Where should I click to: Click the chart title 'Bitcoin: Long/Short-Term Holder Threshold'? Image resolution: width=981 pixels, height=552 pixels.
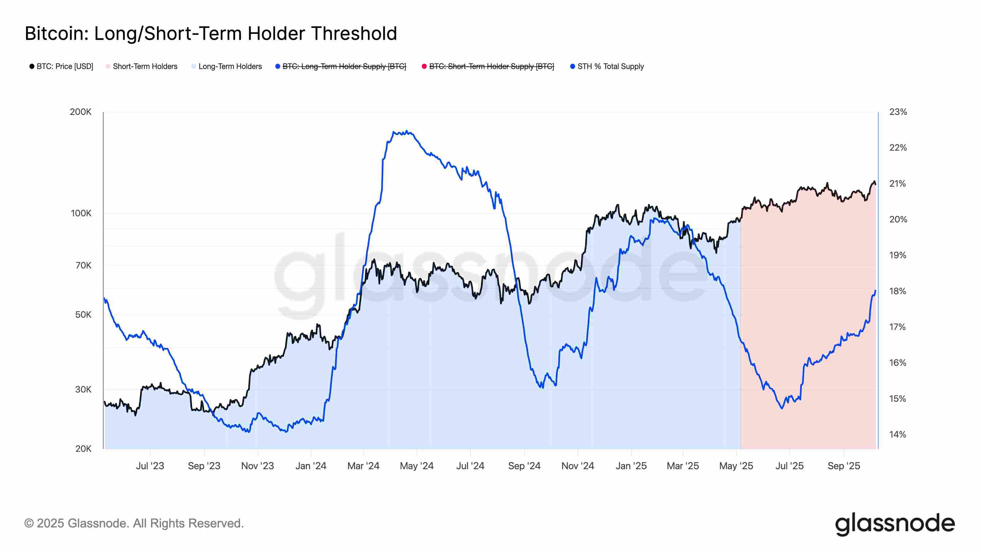pos(211,33)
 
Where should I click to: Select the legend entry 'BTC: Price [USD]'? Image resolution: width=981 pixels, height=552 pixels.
pos(61,66)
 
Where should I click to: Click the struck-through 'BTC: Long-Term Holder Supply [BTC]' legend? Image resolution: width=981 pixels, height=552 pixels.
pos(341,66)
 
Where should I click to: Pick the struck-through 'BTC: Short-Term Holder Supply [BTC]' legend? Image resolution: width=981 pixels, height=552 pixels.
pos(487,66)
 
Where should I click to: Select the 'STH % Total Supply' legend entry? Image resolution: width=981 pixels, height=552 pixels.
pos(607,66)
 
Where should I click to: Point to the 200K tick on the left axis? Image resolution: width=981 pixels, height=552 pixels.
pos(81,112)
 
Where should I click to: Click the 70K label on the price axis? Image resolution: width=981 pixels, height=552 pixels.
pos(83,265)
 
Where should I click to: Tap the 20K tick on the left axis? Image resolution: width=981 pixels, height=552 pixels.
pos(83,449)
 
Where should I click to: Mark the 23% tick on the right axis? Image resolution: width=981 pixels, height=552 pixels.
pos(898,112)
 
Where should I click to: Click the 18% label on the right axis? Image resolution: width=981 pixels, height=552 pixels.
pos(898,291)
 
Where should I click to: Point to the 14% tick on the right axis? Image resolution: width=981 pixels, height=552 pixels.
pos(898,434)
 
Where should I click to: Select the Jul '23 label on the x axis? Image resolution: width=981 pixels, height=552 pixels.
pos(150,466)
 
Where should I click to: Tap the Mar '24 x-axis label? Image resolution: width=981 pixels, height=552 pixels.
pos(363,466)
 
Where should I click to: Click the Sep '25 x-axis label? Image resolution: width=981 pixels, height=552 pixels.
pos(844,466)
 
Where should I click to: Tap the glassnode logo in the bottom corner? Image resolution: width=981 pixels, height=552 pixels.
pos(895,524)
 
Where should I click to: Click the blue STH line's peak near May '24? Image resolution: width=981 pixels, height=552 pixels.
pos(407,132)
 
